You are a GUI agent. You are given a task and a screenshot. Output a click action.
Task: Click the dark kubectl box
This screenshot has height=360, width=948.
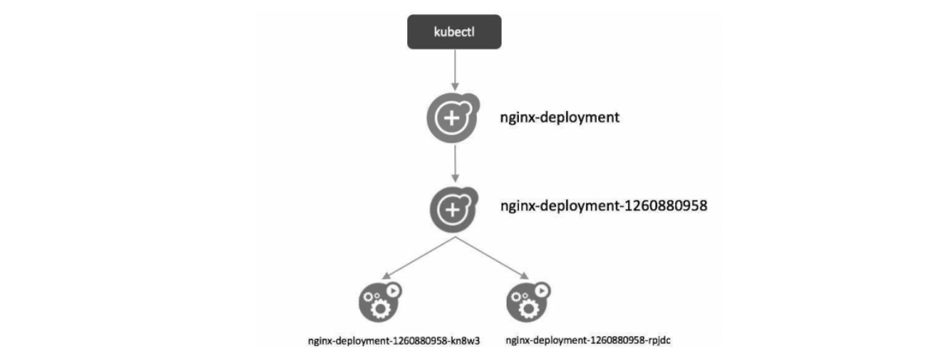454,33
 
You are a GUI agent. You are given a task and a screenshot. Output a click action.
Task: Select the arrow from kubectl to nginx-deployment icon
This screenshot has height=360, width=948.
454,72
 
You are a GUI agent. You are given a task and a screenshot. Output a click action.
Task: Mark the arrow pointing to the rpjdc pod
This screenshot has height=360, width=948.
491,257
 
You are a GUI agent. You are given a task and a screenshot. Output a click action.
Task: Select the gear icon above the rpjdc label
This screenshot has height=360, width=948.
527,301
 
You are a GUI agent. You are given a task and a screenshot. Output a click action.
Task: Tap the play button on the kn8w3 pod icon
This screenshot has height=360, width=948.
393,290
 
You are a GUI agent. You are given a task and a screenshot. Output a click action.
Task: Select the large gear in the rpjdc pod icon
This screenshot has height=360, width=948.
530,309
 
